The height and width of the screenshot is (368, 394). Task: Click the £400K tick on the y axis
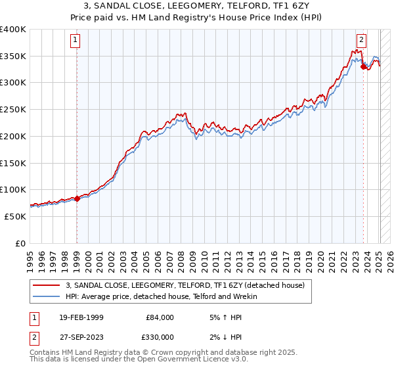[13, 30]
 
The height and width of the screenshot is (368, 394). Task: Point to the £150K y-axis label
[13, 162]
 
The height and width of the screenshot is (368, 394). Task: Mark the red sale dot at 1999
[77, 198]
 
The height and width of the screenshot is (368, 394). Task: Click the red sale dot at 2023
[363, 67]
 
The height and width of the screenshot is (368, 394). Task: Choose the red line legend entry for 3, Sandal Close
[185, 286]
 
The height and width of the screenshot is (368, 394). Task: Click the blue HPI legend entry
[161, 297]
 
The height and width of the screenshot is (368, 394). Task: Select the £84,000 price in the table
[159, 317]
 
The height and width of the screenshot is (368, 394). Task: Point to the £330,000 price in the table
[159, 337]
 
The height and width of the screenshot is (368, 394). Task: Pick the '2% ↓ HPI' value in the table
[227, 337]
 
